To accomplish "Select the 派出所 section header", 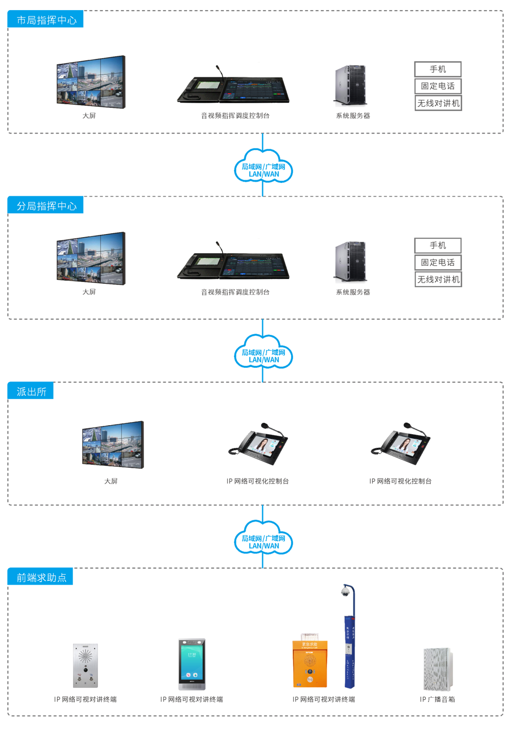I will [31, 391].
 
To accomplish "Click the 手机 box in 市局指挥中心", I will [438, 69].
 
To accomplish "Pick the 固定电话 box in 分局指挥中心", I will [438, 263].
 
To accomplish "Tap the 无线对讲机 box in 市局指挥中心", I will [438, 103].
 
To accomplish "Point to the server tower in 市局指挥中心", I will [351, 85].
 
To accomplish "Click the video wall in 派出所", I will [113, 444].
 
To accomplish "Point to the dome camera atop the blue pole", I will [345, 591].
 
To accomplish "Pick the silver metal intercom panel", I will [85, 666].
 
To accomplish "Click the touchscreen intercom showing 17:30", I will [192, 663].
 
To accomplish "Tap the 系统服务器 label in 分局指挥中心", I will [353, 292].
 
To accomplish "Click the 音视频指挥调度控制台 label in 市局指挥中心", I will [235, 116].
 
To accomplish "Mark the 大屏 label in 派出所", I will [111, 481].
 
